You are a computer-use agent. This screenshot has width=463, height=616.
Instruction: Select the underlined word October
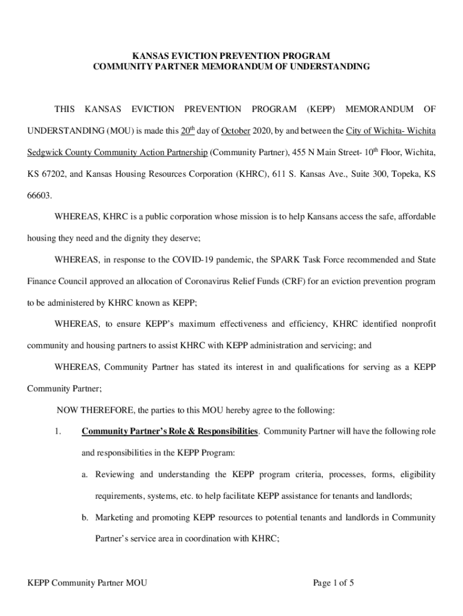coord(236,131)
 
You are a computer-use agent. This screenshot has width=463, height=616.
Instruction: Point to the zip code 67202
coord(50,174)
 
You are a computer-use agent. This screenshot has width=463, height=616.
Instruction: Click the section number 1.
coord(58,431)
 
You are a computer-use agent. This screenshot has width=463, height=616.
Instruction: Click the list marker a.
coord(85,475)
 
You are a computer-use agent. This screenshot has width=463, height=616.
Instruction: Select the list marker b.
coord(85,517)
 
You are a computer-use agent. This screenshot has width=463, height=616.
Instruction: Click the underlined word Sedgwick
coord(46,153)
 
